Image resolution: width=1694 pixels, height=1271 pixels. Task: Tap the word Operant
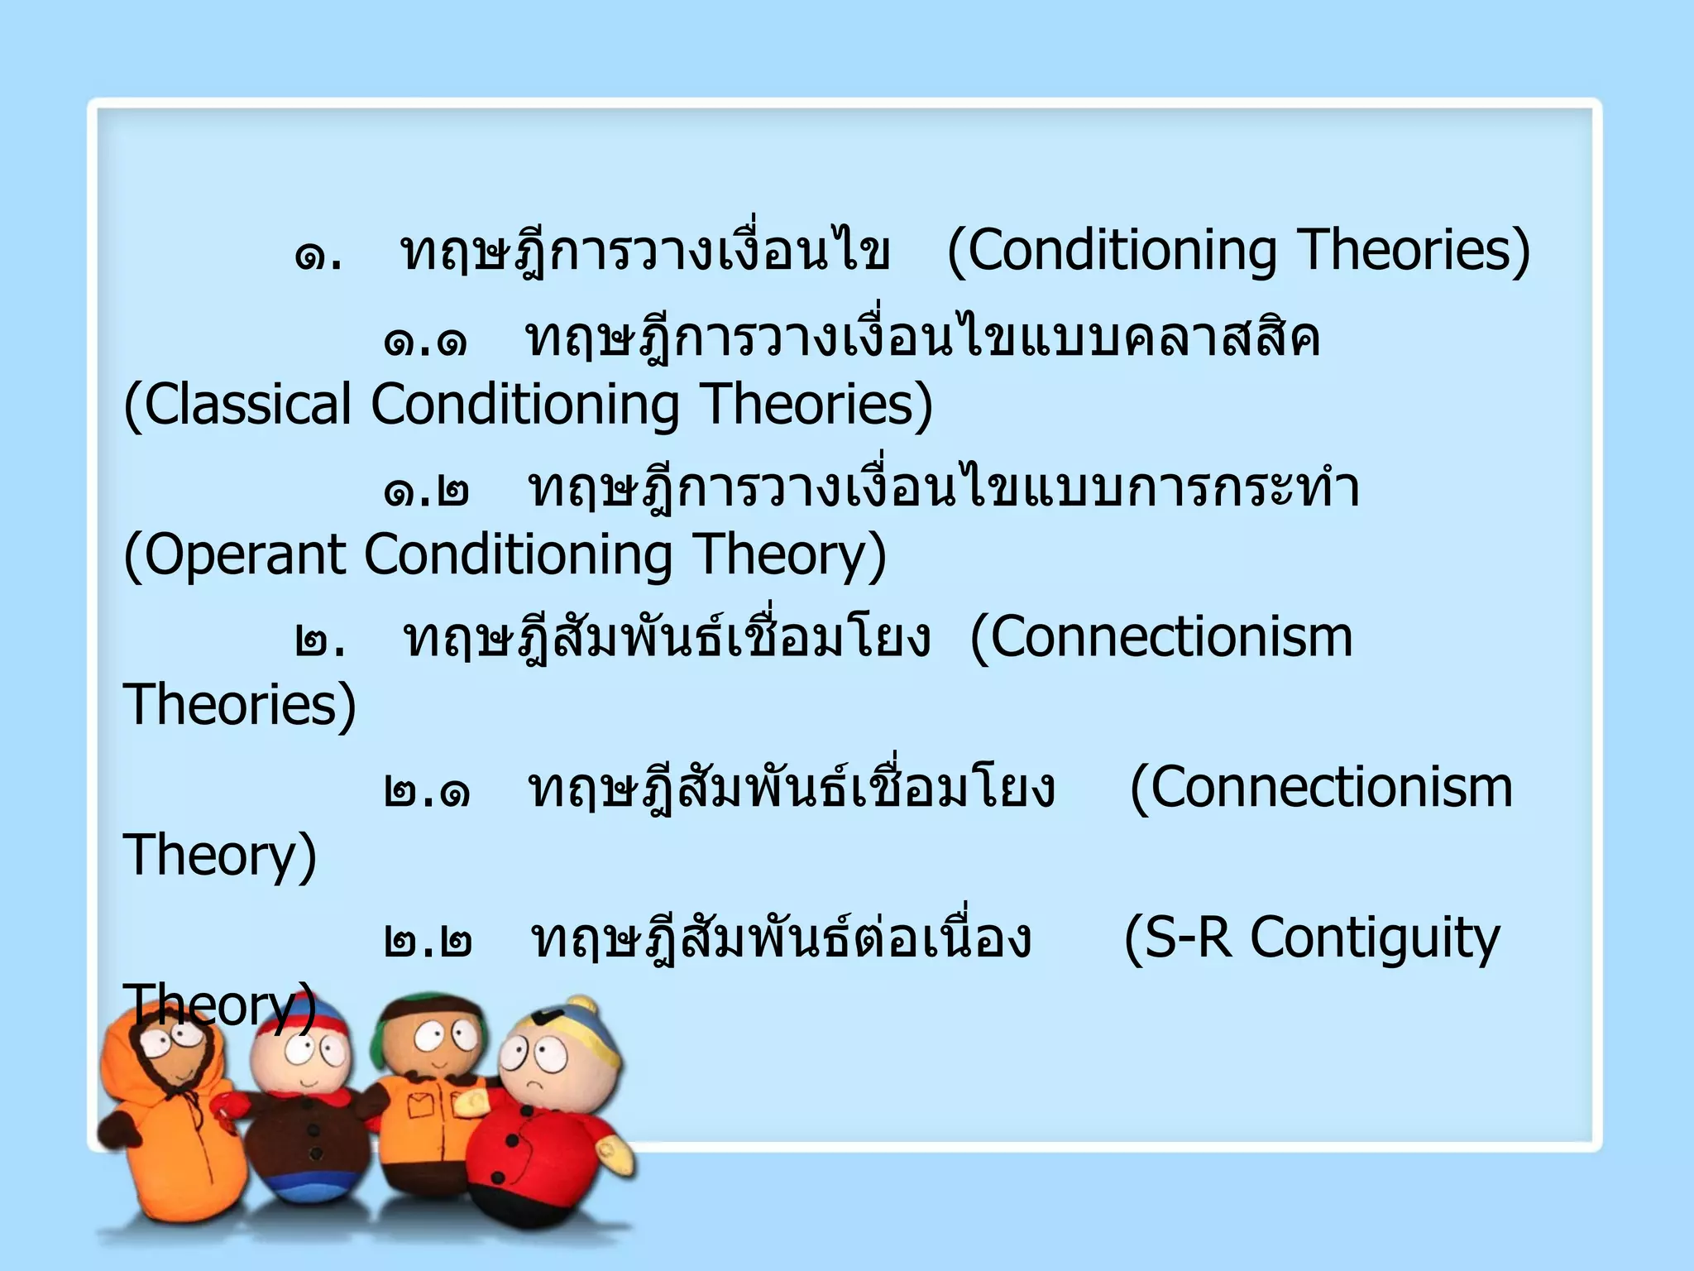[245, 555]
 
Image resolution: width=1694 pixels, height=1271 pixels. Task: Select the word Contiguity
[1374, 939]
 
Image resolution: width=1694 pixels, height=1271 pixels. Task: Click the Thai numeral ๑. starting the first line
[318, 254]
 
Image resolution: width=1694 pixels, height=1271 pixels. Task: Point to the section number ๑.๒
[426, 492]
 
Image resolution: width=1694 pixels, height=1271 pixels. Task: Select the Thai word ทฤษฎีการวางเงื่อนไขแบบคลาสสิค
[922, 340]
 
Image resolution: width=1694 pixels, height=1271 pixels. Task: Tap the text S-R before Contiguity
[1178, 939]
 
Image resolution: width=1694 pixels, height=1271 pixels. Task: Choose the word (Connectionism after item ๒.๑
[1321, 789]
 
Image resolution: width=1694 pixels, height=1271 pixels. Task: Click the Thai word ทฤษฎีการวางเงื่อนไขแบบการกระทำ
[943, 491]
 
